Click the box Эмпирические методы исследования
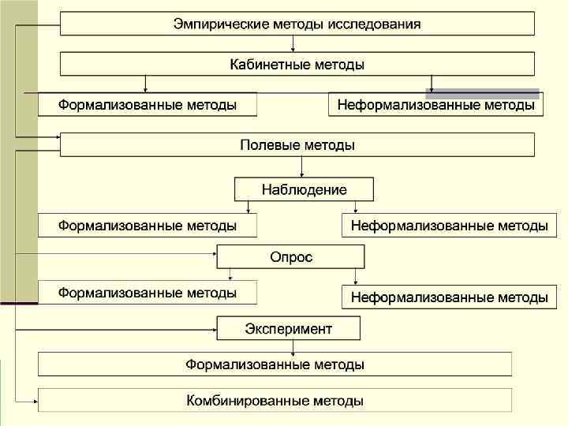[x=297, y=24]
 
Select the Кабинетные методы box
[x=297, y=64]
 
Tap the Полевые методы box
[x=297, y=145]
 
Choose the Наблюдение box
[x=304, y=189]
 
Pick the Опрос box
[x=290, y=256]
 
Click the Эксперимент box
[x=289, y=328]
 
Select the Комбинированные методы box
[x=275, y=401]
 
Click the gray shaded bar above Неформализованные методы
[x=482, y=93]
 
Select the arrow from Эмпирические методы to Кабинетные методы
[x=292, y=44]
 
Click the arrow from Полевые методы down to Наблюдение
[x=302, y=166]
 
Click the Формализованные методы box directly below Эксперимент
[x=275, y=364]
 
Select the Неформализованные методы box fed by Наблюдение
[x=449, y=226]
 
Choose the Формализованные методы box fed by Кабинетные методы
[x=148, y=105]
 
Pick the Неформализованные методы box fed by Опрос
[x=449, y=297]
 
